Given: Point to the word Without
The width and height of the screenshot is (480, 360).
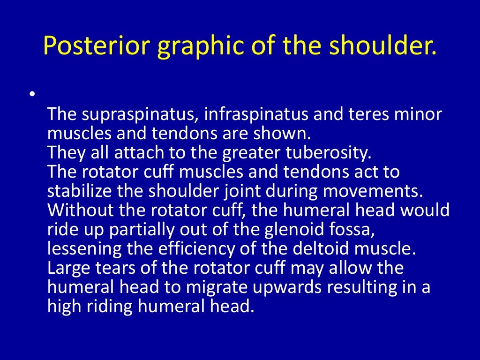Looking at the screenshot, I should (x=77, y=210).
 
